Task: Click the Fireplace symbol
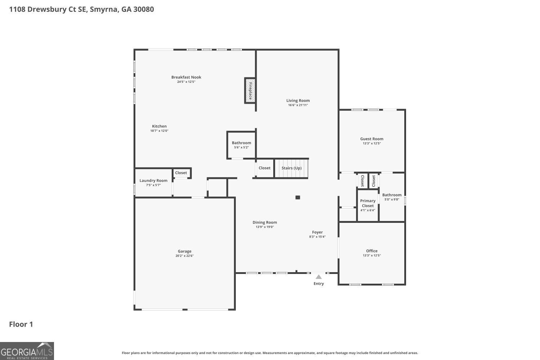point(250,91)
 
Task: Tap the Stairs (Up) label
point(291,168)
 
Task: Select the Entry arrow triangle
point(319,277)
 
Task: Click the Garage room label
point(184,251)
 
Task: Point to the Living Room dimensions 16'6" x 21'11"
point(298,105)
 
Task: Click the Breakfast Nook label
point(186,77)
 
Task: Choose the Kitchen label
point(159,126)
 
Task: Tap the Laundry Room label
point(153,181)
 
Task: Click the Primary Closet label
point(368,203)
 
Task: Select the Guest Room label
point(372,139)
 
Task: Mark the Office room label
point(372,251)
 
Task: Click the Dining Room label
point(265,222)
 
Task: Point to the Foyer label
point(317,233)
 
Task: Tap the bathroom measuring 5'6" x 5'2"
point(241,145)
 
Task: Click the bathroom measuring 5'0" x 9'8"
point(392,197)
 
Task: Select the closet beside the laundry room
point(181,173)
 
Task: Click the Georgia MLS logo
point(27,351)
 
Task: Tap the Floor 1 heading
point(21,324)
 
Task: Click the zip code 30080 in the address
point(143,9)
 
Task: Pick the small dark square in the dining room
point(298,197)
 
